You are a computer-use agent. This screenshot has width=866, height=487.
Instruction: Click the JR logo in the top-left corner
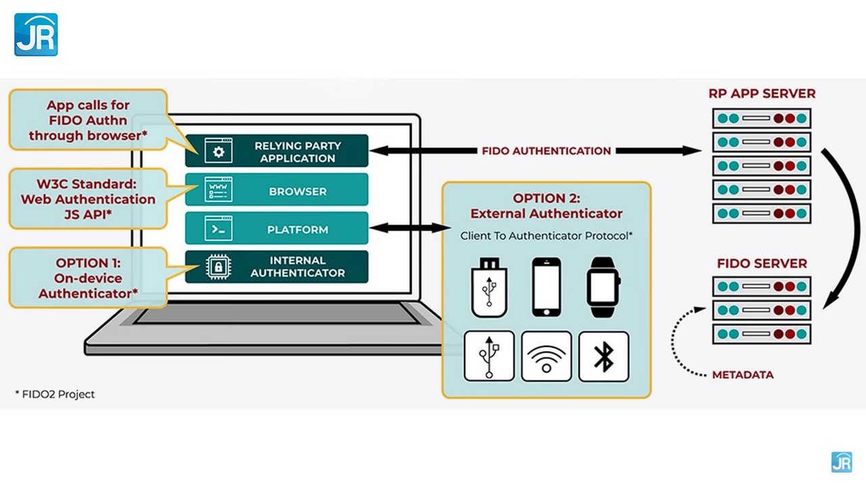(x=36, y=34)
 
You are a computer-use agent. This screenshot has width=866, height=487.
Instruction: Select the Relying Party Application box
(x=277, y=151)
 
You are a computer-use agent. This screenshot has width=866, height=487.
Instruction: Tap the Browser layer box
(x=277, y=190)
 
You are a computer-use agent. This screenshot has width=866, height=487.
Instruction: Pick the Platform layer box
(x=277, y=229)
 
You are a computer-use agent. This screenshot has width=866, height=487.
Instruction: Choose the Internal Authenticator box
(x=277, y=266)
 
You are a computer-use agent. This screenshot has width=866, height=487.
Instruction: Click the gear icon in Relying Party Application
(x=219, y=152)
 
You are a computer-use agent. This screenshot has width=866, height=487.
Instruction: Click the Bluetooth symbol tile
(x=603, y=356)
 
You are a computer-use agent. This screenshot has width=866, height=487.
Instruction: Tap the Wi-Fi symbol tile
(x=547, y=356)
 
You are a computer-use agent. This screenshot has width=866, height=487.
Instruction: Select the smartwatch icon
(x=603, y=287)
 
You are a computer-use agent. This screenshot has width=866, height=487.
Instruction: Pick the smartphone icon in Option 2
(x=546, y=287)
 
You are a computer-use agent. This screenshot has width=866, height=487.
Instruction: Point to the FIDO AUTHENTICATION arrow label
(x=546, y=151)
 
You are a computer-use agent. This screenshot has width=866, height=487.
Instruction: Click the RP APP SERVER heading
(x=762, y=93)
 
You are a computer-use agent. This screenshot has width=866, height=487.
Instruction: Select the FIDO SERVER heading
(x=762, y=263)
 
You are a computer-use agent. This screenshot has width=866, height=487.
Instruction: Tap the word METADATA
(x=742, y=375)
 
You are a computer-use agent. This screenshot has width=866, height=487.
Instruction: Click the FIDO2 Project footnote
(x=55, y=394)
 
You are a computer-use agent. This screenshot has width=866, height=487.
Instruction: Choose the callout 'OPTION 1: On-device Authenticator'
(x=88, y=278)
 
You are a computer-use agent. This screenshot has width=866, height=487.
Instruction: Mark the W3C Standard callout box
(x=88, y=199)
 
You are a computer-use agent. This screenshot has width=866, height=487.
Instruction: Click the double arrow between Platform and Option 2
(x=405, y=229)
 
